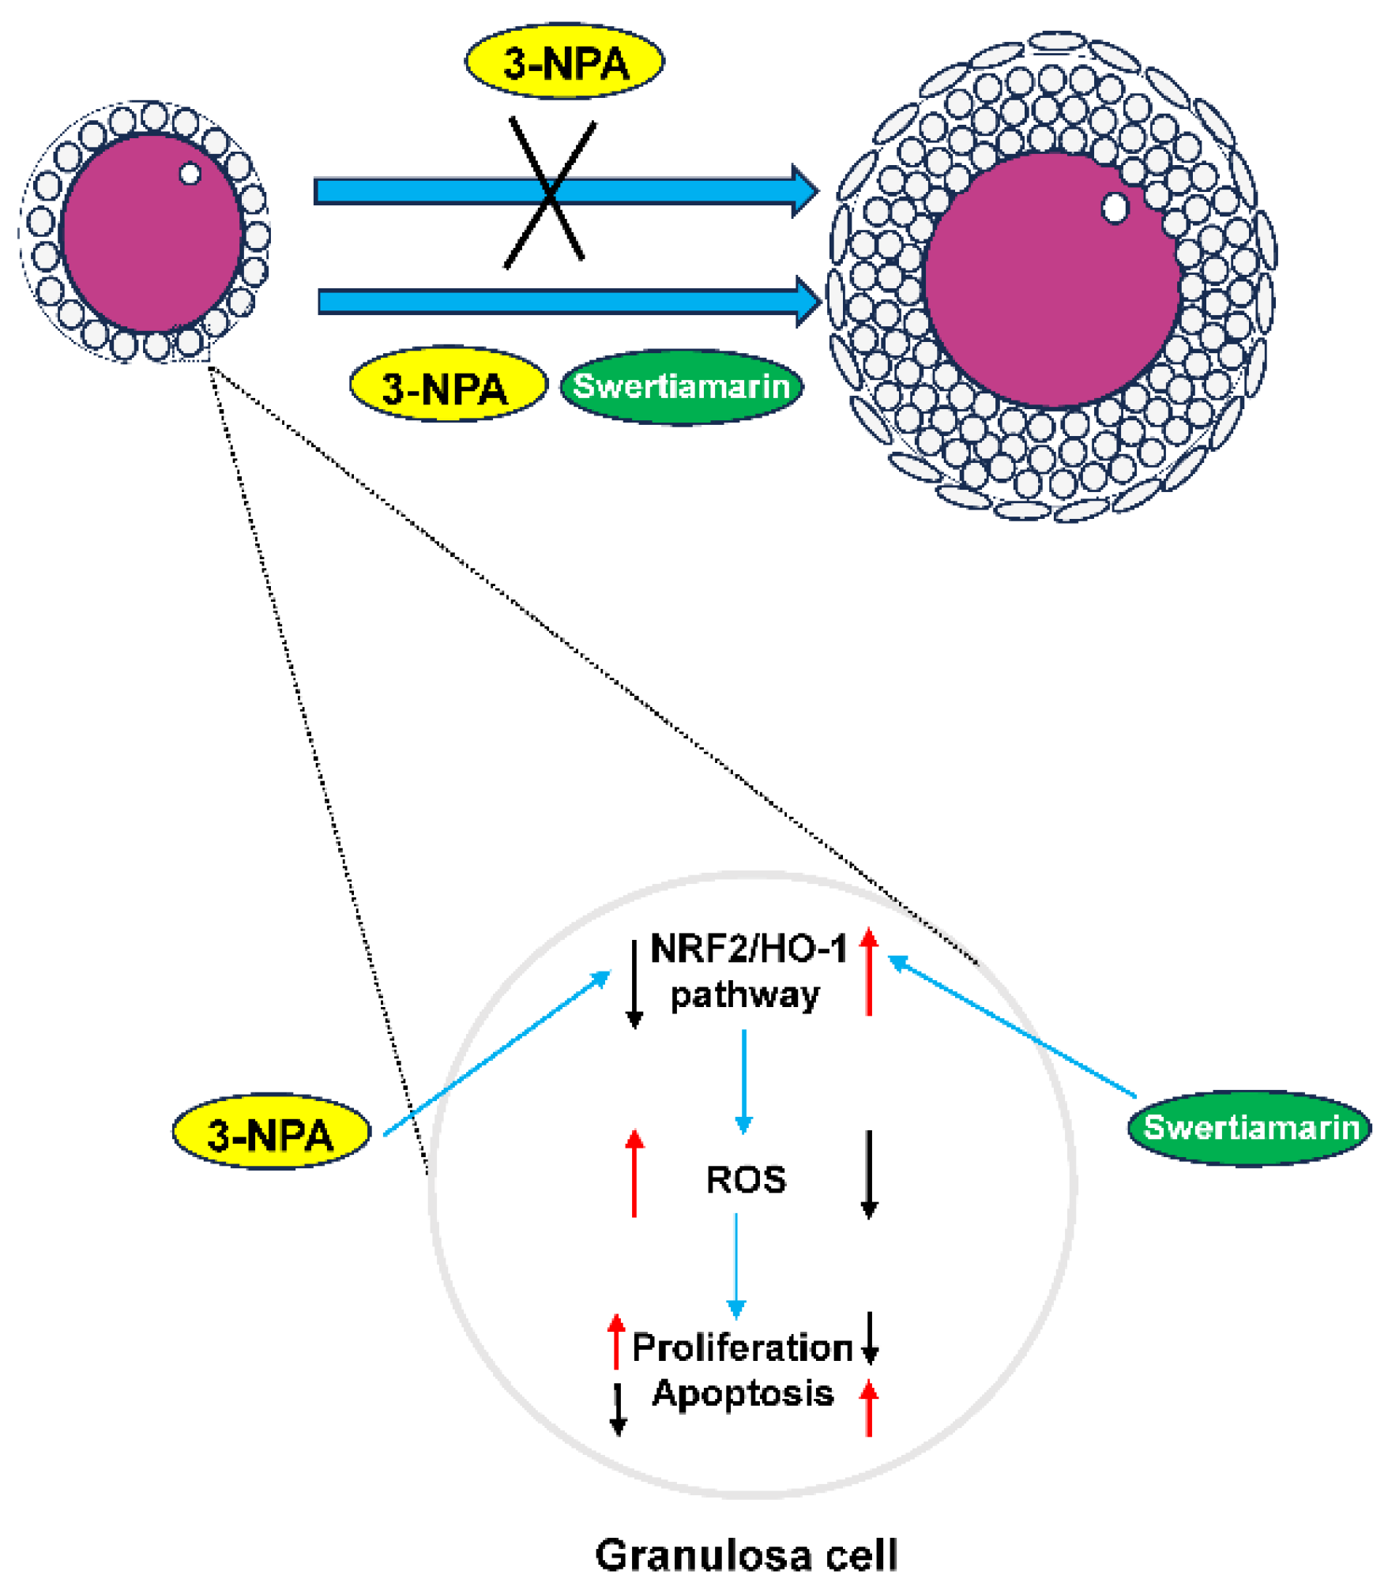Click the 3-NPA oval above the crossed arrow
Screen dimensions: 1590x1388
pyautogui.click(x=564, y=62)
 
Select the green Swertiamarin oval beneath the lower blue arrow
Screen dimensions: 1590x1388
pyautogui.click(x=681, y=387)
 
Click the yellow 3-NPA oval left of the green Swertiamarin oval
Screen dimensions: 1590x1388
pyautogui.click(x=448, y=385)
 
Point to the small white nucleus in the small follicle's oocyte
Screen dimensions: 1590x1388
pyautogui.click(x=190, y=174)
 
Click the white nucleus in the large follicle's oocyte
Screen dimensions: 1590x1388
pyautogui.click(x=1115, y=209)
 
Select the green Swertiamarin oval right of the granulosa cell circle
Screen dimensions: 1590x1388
pyautogui.click(x=1249, y=1127)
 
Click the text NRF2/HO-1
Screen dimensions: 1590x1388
pyautogui.click(x=747, y=949)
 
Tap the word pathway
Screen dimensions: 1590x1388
pyautogui.click(x=744, y=994)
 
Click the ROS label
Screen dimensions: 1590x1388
pyautogui.click(x=746, y=1180)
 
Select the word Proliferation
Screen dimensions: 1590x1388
pyautogui.click(x=742, y=1348)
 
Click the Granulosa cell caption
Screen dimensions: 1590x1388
pyautogui.click(x=746, y=1555)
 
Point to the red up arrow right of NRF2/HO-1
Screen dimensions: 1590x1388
pyautogui.click(x=869, y=972)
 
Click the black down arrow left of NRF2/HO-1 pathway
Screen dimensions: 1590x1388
pyautogui.click(x=634, y=984)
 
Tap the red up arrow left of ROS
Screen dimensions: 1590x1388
pyautogui.click(x=634, y=1174)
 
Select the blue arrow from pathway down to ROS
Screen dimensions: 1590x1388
pyautogui.click(x=743, y=1081)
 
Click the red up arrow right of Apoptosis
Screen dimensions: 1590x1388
pyautogui.click(x=869, y=1408)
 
